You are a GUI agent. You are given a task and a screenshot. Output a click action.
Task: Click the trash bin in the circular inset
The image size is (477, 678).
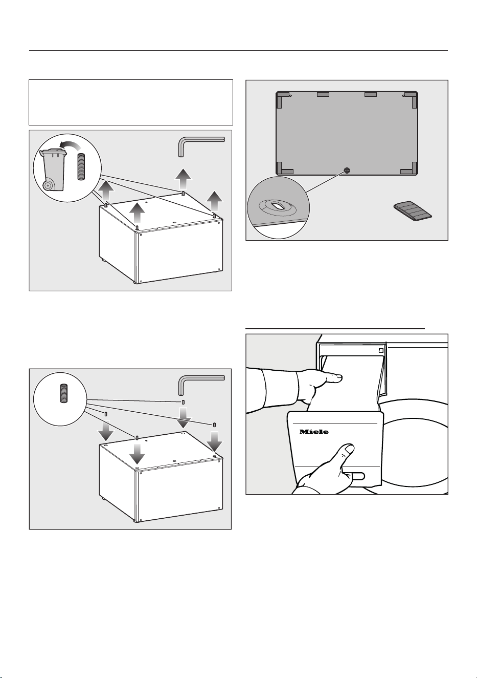(53, 170)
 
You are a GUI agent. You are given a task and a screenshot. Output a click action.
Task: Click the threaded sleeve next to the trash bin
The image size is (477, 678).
(81, 167)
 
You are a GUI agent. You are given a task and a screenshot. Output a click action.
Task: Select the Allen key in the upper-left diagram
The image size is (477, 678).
(198, 144)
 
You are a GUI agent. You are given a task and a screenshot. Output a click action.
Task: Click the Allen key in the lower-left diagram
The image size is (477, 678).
(198, 382)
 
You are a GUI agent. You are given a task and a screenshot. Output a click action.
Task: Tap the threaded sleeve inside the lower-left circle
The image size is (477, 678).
(63, 393)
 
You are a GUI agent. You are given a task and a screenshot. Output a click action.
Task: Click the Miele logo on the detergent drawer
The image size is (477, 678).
(314, 432)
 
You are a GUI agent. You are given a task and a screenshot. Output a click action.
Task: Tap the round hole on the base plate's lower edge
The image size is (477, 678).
(347, 171)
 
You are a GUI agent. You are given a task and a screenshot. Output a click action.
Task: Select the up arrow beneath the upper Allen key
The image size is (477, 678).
(183, 179)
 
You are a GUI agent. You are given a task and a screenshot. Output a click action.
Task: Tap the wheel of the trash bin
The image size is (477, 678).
(47, 186)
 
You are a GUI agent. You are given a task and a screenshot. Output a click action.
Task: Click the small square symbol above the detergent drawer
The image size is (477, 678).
(381, 350)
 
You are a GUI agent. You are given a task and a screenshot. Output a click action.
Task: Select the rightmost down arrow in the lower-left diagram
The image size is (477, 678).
(214, 441)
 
